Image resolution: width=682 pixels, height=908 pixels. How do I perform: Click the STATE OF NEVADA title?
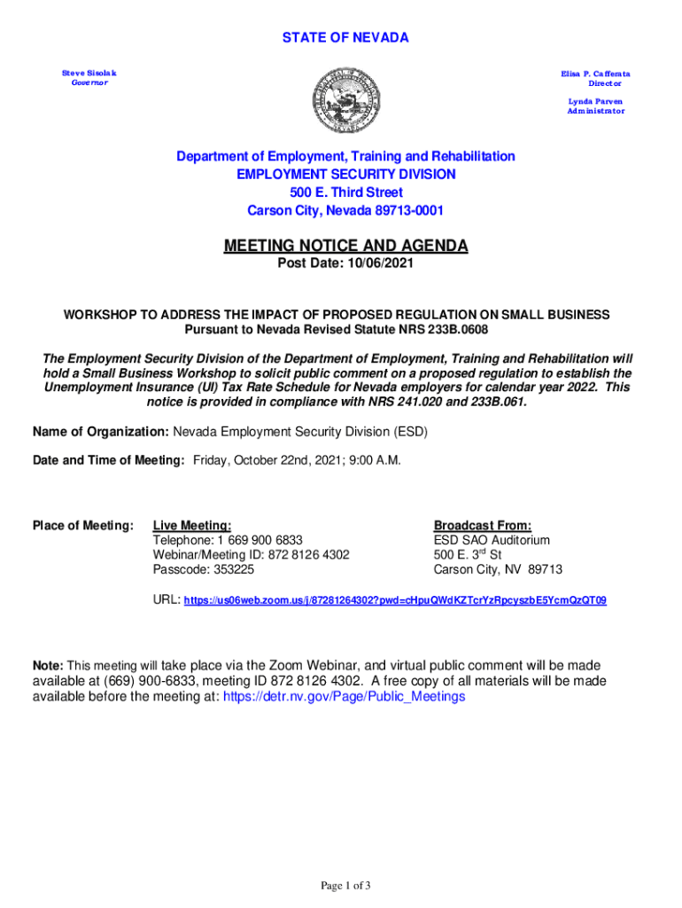pos(345,37)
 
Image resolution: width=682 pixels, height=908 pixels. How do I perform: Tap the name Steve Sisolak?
pos(89,72)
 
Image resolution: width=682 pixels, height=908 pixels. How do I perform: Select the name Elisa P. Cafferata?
pos(593,72)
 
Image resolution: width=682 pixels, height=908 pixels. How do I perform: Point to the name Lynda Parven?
pos(595,101)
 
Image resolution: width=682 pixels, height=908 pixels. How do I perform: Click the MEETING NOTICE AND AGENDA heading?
pos(345,246)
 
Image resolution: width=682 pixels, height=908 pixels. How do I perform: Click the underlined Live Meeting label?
pos(192,526)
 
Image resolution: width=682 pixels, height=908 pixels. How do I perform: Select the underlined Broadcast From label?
pos(483,526)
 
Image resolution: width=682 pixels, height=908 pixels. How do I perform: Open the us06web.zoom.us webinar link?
pos(395,600)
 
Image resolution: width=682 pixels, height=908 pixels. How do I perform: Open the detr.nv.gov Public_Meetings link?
pos(344,696)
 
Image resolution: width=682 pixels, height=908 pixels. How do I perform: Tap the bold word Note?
pos(48,665)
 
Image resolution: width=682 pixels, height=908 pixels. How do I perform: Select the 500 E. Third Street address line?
pos(345,192)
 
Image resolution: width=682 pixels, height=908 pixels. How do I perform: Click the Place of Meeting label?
pos(82,526)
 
